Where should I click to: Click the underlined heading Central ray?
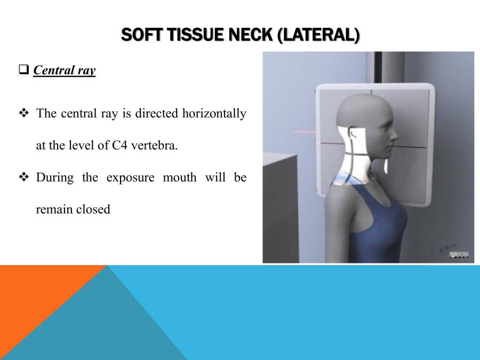coord(64,70)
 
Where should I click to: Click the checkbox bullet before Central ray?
coord(23,70)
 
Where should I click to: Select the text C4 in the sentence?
coord(121,146)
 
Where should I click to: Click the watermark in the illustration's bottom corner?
coord(459,255)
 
